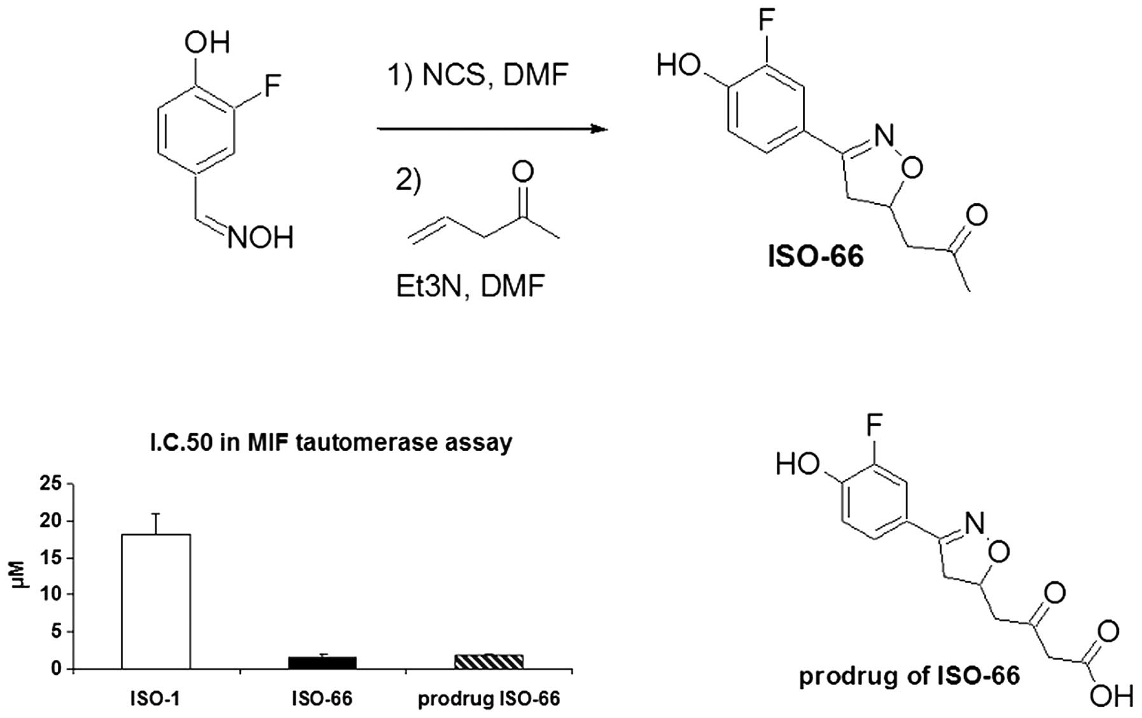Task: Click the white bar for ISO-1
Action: click(x=155, y=601)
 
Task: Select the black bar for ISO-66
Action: click(x=322, y=662)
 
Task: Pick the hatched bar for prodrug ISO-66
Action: click(x=489, y=661)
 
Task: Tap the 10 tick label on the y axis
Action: click(x=53, y=595)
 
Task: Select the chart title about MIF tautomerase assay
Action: click(x=331, y=442)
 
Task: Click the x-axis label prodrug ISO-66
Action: click(x=489, y=699)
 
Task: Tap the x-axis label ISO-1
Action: click(x=155, y=699)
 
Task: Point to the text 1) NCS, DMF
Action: click(x=478, y=75)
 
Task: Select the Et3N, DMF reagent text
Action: click(x=470, y=286)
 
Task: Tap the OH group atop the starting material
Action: click(x=207, y=43)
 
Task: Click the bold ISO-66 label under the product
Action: click(x=816, y=256)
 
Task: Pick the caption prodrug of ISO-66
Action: click(x=909, y=675)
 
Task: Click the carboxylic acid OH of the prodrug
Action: click(x=1111, y=696)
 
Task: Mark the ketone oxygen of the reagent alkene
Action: click(x=522, y=171)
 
